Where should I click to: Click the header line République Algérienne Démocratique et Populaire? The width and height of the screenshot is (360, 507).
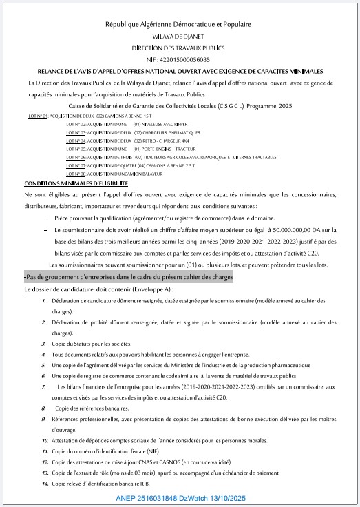click(178, 24)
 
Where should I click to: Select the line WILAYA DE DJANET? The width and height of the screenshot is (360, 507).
click(178, 37)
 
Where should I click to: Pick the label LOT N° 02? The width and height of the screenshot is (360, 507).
click(76, 125)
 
